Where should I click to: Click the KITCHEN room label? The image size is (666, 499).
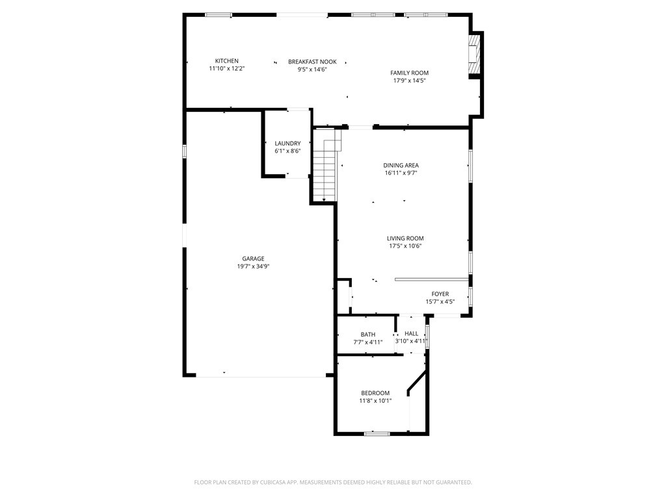(x=226, y=61)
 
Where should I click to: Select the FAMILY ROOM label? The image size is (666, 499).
(x=409, y=73)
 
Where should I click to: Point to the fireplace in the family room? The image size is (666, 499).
(x=475, y=55)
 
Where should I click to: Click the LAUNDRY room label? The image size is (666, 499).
(x=287, y=143)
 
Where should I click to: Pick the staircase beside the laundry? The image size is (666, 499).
(x=325, y=166)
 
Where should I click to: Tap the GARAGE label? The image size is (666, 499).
(x=253, y=259)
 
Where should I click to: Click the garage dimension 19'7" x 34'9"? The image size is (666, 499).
(x=253, y=266)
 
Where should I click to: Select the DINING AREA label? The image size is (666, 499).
(x=401, y=166)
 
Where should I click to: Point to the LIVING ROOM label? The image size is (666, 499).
(x=405, y=238)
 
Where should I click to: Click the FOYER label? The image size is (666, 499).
(x=440, y=294)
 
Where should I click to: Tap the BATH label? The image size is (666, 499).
(x=368, y=335)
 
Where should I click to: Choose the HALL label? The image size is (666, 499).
(x=411, y=333)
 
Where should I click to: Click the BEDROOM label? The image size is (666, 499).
(x=375, y=393)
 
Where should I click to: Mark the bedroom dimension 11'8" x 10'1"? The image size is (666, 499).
(x=375, y=401)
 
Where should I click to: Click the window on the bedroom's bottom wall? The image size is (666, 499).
(x=377, y=433)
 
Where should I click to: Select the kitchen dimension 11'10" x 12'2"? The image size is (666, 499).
(x=226, y=68)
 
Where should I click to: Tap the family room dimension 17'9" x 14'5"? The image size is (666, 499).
(x=409, y=81)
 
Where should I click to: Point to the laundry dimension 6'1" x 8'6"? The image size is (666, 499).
(x=287, y=151)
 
